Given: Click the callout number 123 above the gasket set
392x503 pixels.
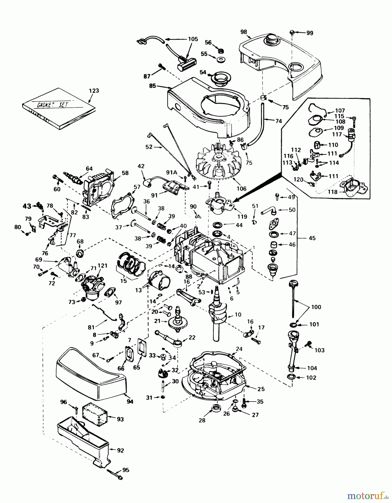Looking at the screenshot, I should pyautogui.click(x=94, y=91).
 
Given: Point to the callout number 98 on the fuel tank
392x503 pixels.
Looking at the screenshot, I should pyautogui.click(x=244, y=32).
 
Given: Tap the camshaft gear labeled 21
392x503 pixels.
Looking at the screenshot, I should pyautogui.click(x=178, y=323).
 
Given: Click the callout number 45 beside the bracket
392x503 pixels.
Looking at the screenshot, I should pyautogui.click(x=312, y=238).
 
